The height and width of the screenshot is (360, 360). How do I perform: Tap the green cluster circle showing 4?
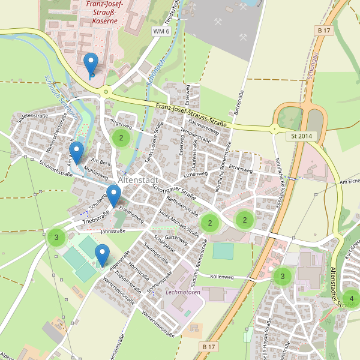click(x=351, y=298)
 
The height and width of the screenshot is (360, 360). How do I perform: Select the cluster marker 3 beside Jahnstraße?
click(x=56, y=238)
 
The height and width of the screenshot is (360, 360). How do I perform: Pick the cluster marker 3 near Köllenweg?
click(x=282, y=276)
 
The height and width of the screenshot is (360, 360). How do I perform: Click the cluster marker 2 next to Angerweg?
click(x=121, y=138)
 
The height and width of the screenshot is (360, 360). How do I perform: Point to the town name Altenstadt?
click(x=139, y=180)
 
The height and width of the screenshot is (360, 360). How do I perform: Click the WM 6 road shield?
click(x=161, y=31)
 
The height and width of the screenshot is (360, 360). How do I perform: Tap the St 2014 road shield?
click(x=302, y=136)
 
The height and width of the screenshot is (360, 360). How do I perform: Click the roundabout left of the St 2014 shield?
click(x=275, y=128)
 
